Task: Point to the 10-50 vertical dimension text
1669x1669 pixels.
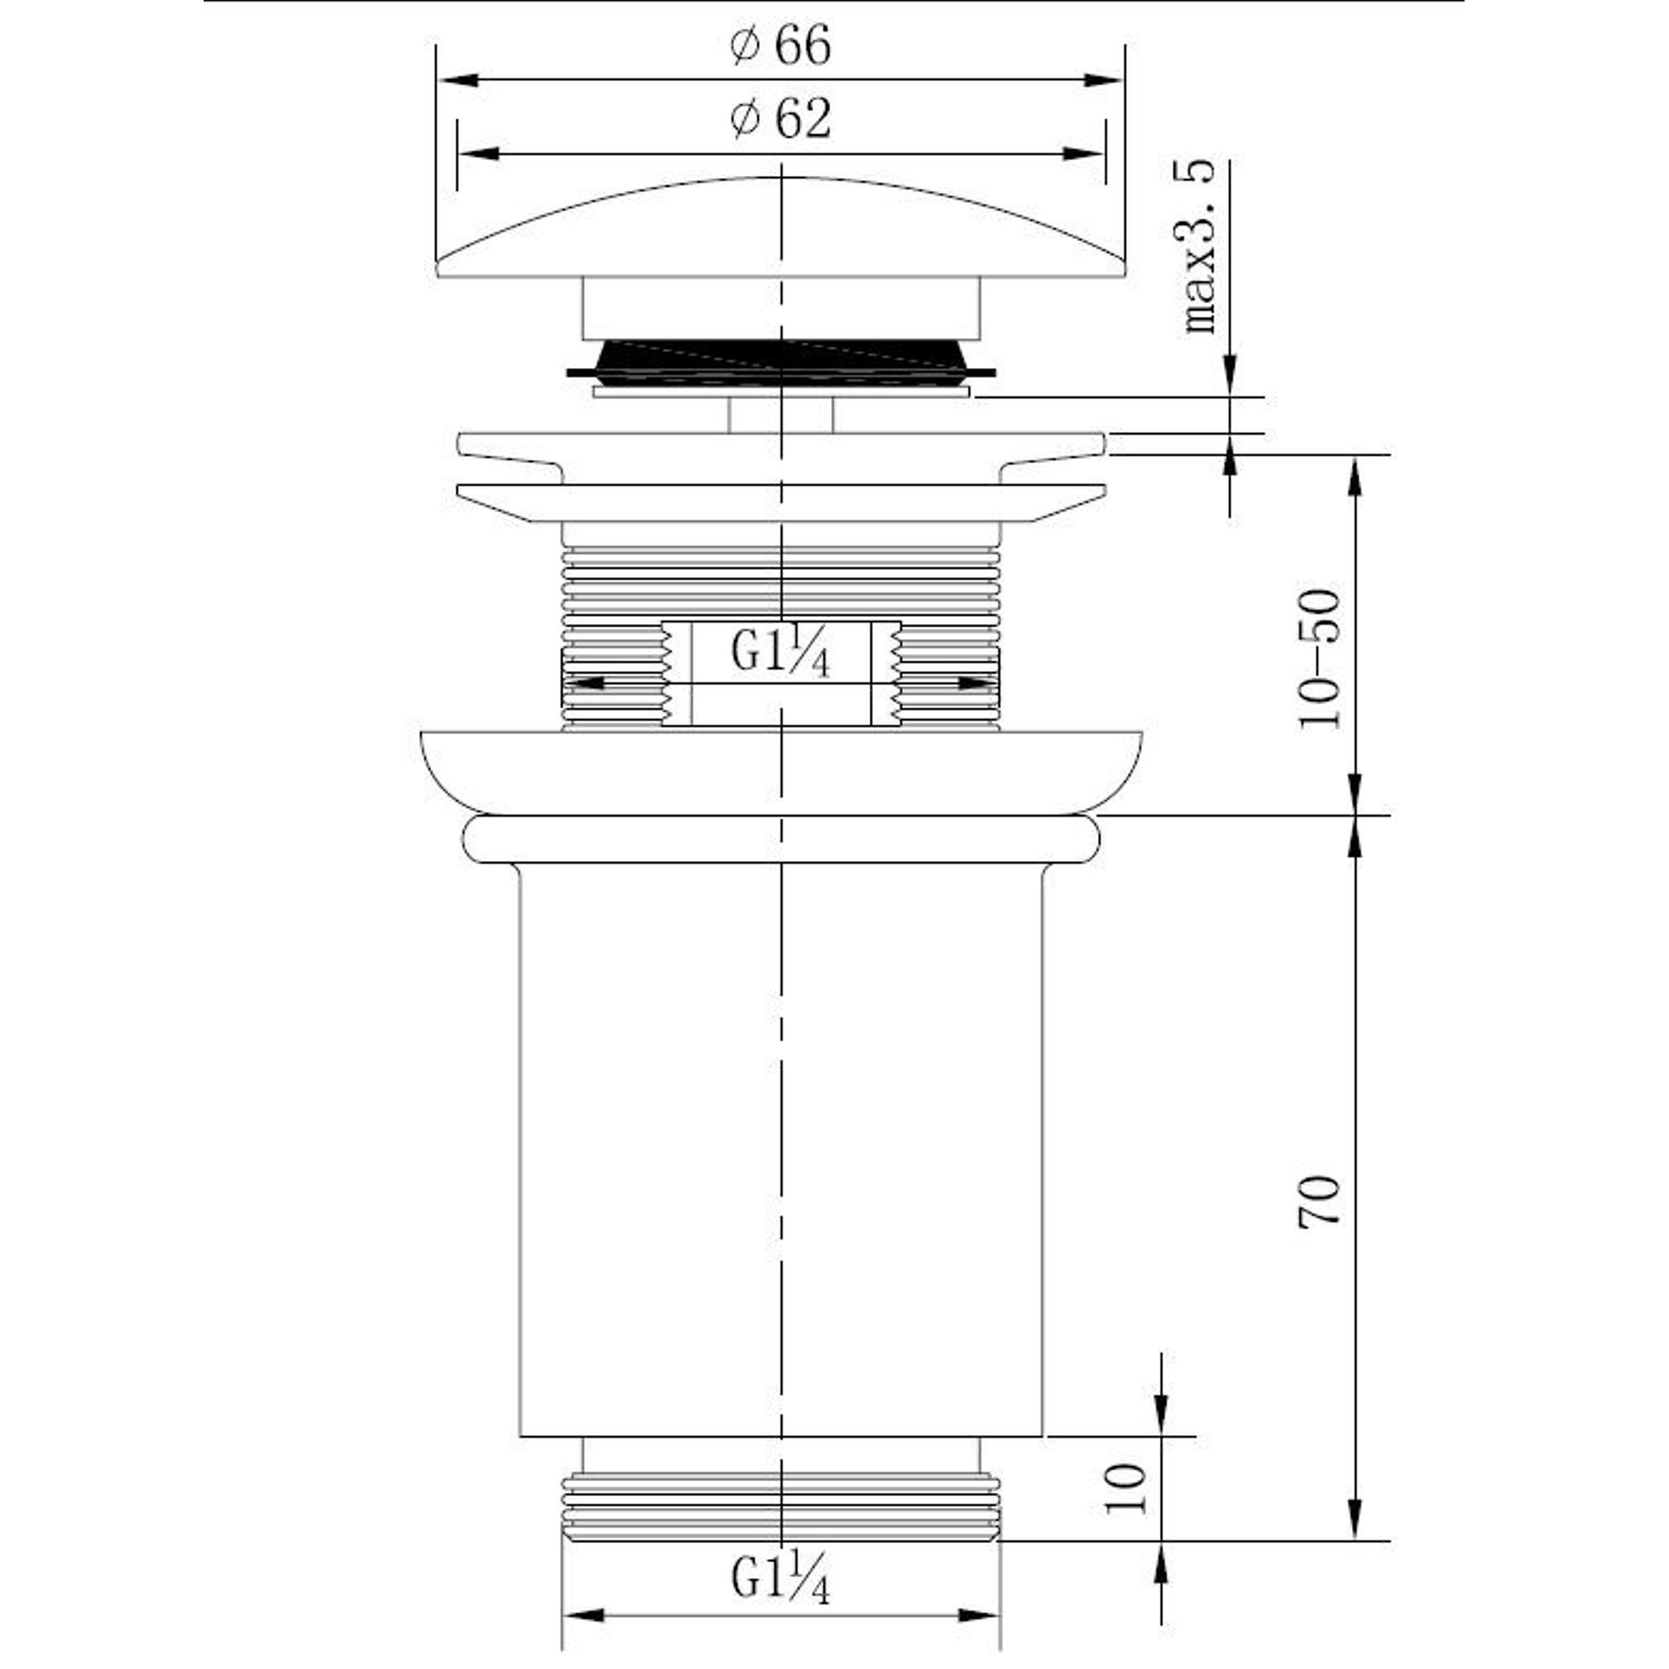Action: pyautogui.click(x=1320, y=659)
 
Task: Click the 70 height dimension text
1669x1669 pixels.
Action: pyautogui.click(x=1320, y=1200)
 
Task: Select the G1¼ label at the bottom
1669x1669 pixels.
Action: pyautogui.click(x=780, y=1576)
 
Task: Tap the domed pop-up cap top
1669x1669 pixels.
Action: pyautogui.click(x=781, y=227)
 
